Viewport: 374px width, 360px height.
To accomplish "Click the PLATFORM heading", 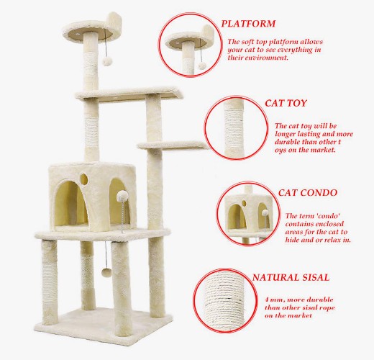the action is coord(248,24).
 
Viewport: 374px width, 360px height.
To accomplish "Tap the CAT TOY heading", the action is coord(286,103).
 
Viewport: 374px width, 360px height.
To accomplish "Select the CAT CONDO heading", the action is coord(308,193).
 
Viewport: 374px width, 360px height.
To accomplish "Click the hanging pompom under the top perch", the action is coord(107,61).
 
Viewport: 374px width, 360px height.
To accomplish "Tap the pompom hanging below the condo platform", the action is coord(106,272).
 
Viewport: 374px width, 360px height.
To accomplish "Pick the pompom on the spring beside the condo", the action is coord(122,196).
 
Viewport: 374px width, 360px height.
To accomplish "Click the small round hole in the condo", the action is coord(83,179).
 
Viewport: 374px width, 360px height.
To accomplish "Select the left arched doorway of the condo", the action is coord(71,204).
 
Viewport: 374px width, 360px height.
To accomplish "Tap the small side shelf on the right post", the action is coord(172,145).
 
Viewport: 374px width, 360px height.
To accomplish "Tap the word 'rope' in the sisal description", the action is coord(327,308).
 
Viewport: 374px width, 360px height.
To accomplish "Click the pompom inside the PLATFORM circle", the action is coord(202,66).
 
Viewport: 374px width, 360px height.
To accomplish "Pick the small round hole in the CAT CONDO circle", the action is coord(244,203).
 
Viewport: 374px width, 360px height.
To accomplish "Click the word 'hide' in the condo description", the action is coord(292,240).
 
